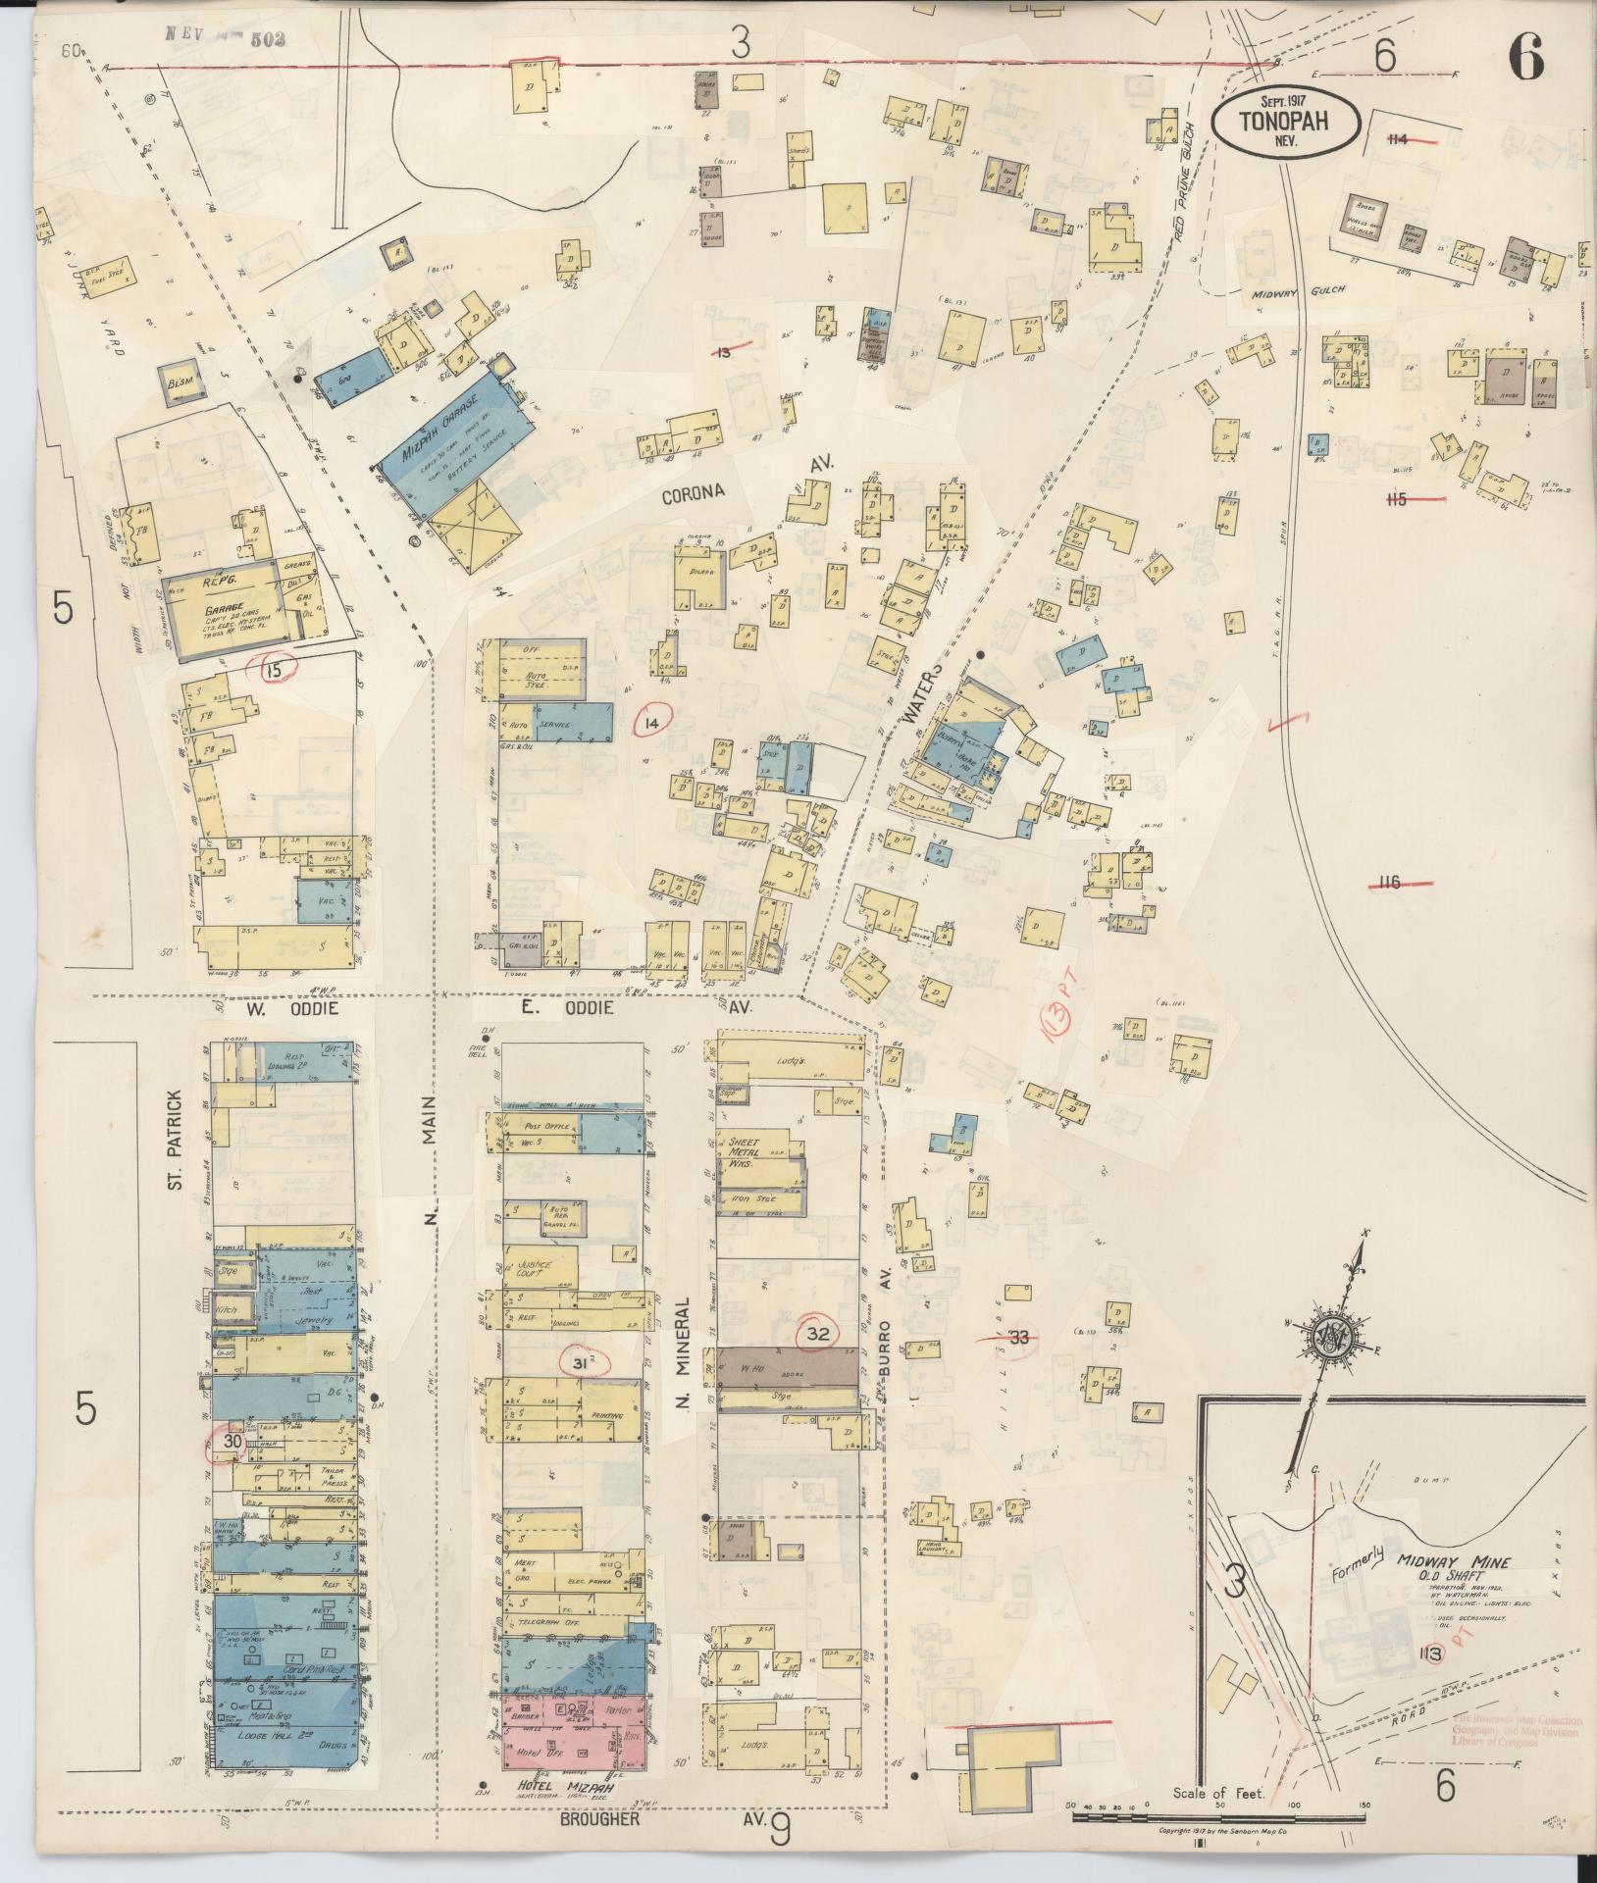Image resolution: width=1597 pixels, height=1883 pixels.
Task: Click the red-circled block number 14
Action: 651,724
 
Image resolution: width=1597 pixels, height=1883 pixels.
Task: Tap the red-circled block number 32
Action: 824,1334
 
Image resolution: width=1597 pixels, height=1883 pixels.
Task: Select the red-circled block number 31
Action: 581,1362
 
